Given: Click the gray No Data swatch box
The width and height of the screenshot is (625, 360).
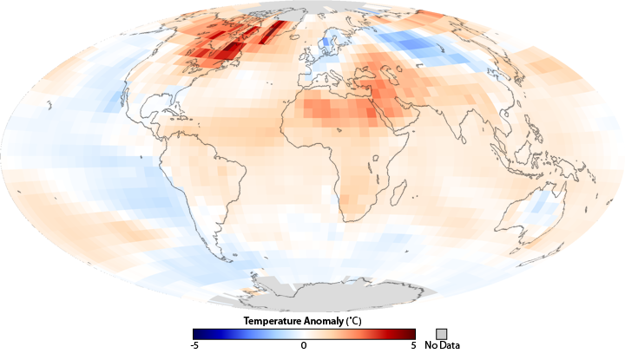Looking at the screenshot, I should [x=442, y=334].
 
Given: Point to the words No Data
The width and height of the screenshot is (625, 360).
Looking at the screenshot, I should [x=442, y=346].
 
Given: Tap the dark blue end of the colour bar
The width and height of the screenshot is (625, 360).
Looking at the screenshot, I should [x=197, y=334].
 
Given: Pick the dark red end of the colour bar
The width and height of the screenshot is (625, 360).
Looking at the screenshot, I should [x=411, y=334].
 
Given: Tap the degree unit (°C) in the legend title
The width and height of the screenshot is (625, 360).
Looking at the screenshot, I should [x=356, y=321].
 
